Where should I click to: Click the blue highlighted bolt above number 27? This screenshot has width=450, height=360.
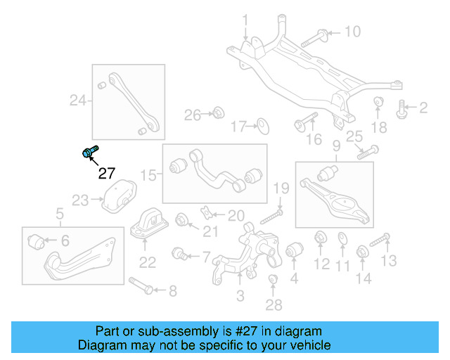point(90,152)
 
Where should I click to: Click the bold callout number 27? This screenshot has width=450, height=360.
point(105,174)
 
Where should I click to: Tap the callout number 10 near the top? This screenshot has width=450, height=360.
point(352,31)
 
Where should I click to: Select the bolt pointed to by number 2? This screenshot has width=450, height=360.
point(402,108)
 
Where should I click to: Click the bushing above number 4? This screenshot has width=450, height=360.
point(294,250)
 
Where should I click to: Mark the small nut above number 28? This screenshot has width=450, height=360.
point(274,283)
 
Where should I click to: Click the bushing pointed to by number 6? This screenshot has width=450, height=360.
point(38,243)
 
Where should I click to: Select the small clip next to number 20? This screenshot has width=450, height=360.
point(206,212)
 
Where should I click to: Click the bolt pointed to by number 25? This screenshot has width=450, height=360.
point(368,151)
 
